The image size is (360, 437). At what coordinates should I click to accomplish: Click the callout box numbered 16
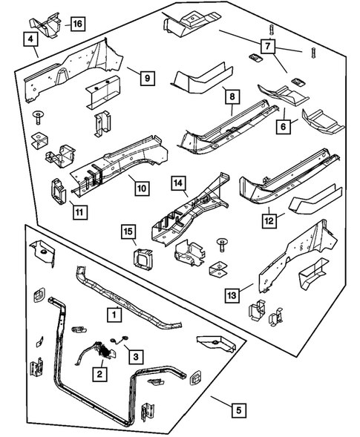click(x=77, y=24)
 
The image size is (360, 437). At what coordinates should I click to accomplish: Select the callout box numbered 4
click(x=30, y=39)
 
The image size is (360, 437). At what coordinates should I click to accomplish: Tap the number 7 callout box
click(x=268, y=46)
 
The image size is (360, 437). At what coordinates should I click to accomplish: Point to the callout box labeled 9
click(x=147, y=78)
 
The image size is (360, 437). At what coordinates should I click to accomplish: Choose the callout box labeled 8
click(x=232, y=96)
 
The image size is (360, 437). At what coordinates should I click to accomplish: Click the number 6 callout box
click(x=284, y=127)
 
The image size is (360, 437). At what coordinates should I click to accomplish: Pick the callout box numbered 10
click(x=142, y=188)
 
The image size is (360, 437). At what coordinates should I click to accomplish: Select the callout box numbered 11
click(x=79, y=212)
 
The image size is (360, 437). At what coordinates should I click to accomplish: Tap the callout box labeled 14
click(x=178, y=183)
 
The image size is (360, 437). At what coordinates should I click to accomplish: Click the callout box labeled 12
click(x=269, y=221)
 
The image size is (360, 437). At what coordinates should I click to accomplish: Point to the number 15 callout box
click(x=128, y=231)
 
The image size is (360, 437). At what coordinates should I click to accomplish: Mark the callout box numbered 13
click(x=232, y=295)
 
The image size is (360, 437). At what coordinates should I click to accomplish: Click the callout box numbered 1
click(x=114, y=315)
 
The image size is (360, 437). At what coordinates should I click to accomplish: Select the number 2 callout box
click(x=99, y=374)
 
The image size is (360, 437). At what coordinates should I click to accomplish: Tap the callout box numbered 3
click(x=136, y=357)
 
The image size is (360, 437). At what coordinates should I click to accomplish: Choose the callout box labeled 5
click(x=239, y=410)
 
